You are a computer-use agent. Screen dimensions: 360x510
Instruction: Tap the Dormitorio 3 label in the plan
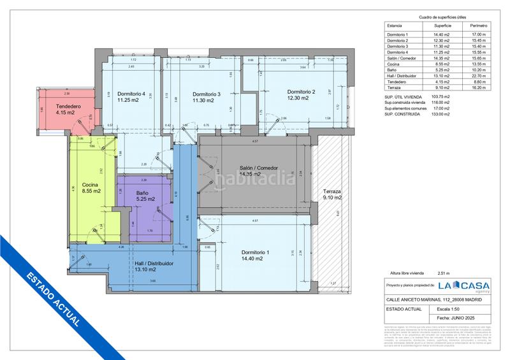point(206,94)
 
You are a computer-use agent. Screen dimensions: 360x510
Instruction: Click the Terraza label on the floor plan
point(332,191)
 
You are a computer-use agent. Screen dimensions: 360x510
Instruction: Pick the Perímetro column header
point(478,26)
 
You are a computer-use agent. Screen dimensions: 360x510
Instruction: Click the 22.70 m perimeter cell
point(478,75)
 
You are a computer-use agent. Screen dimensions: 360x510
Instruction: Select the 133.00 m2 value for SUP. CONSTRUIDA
point(439,114)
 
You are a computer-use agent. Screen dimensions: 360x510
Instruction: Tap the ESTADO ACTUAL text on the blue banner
point(54,300)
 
